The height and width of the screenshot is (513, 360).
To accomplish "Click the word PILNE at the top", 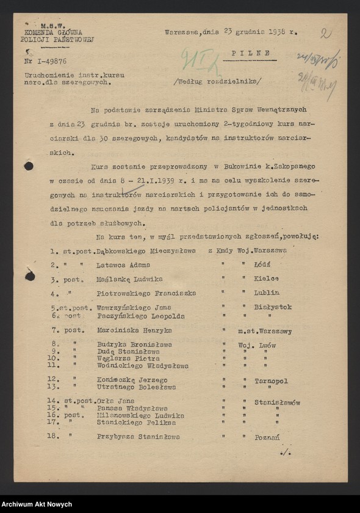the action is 251,54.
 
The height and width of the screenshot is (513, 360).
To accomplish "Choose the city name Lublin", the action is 267,293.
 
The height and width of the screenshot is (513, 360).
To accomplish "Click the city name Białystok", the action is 273,307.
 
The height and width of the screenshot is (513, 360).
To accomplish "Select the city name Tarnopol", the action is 272,380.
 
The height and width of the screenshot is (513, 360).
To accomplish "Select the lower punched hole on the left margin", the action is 29,276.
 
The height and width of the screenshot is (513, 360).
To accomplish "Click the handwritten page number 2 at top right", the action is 326,34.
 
